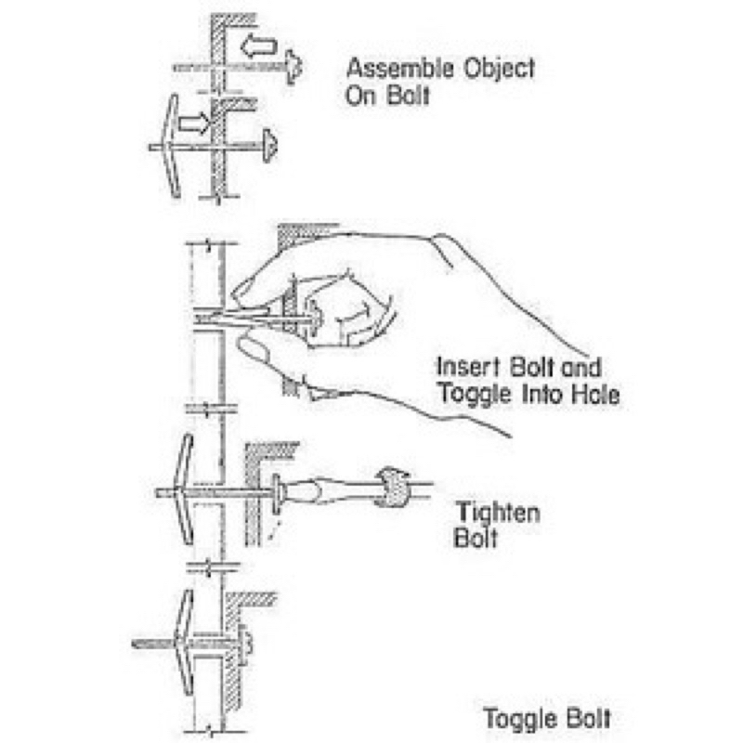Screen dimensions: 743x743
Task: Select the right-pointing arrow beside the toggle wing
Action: (194, 122)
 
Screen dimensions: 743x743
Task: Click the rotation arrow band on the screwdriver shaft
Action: (388, 487)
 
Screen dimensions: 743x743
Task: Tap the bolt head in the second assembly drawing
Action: (270, 144)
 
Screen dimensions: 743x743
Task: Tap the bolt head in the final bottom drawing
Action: (247, 640)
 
